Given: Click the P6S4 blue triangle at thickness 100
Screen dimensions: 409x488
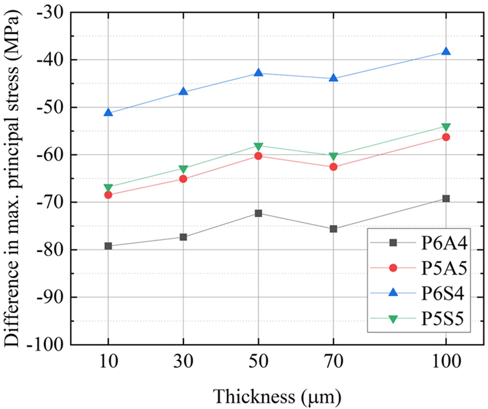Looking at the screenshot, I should click(x=446, y=51).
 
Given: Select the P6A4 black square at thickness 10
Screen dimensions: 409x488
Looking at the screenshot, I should click(x=108, y=246).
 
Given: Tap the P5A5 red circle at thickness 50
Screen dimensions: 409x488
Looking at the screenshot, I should click(x=258, y=156).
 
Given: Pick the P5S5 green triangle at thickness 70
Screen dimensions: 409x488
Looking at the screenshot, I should click(x=333, y=156).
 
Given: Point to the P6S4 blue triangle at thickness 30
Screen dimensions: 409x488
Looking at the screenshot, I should click(x=183, y=92).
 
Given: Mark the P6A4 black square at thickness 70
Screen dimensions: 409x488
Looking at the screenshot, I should click(x=333, y=229).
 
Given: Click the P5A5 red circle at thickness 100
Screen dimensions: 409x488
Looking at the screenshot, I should click(x=446, y=137).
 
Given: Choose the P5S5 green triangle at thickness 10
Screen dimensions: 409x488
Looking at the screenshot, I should click(x=108, y=188).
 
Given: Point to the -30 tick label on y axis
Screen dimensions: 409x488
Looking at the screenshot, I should click(x=49, y=12).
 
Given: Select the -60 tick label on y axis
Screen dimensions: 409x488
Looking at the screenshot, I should click(x=49, y=155).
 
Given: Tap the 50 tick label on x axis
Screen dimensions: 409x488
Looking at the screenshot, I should click(x=258, y=361).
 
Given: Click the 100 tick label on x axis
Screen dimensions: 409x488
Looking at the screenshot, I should click(x=446, y=361).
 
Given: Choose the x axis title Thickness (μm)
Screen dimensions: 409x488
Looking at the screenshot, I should click(x=277, y=396).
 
